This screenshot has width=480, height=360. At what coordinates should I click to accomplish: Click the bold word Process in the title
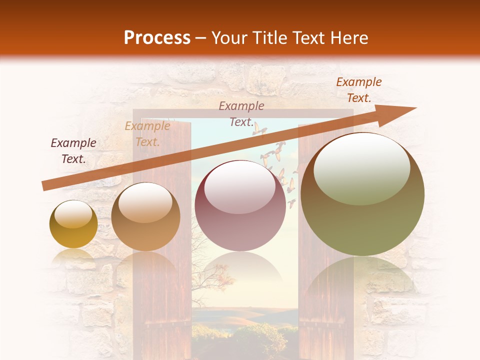point(157,38)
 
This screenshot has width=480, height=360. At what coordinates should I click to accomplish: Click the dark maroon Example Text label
point(73,150)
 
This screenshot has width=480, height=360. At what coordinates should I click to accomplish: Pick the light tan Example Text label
point(147,134)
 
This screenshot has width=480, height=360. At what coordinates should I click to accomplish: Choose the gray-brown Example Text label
point(241,113)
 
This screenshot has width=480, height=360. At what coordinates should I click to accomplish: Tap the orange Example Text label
point(358,90)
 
